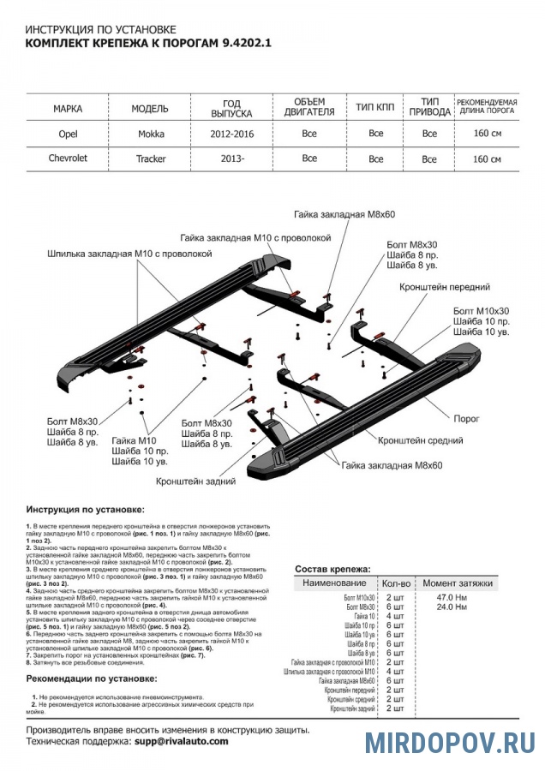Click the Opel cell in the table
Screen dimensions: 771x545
(x=68, y=134)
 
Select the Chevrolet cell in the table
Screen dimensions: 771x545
(x=68, y=158)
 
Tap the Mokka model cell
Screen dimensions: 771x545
(x=152, y=134)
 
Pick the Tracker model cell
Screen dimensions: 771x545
(x=151, y=158)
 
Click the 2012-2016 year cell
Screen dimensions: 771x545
(x=231, y=134)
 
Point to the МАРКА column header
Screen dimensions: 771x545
(x=68, y=110)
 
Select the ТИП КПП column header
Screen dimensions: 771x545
(x=375, y=110)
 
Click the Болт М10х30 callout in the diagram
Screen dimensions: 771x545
(x=481, y=310)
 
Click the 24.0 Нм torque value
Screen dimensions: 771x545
(x=451, y=607)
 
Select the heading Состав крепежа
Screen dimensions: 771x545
(x=332, y=569)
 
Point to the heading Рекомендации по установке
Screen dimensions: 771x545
(x=92, y=678)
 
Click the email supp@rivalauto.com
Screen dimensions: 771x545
(x=182, y=741)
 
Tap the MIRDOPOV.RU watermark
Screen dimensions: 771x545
(x=450, y=742)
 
